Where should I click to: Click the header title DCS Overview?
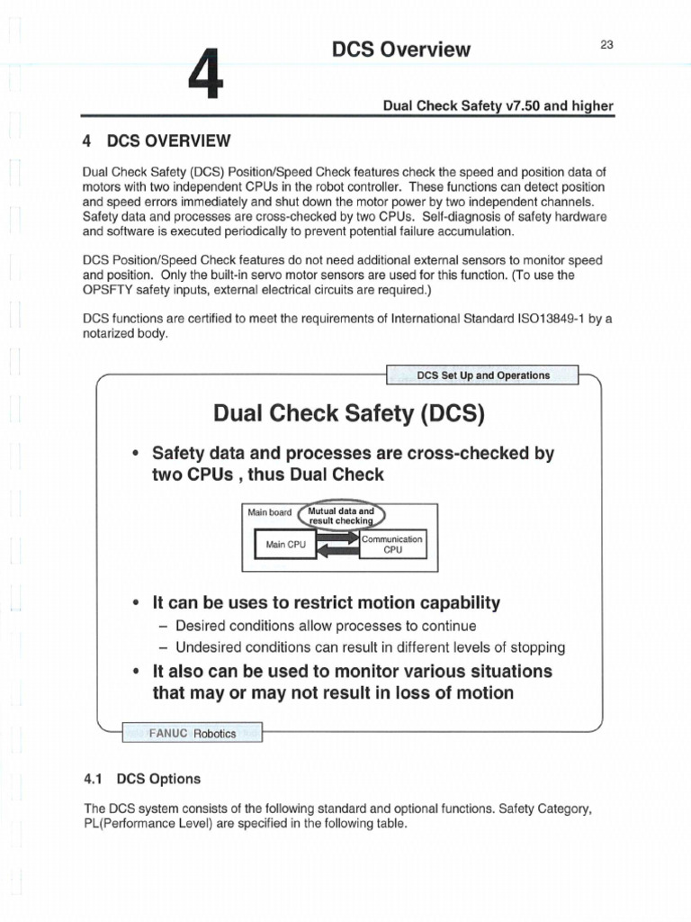point(400,50)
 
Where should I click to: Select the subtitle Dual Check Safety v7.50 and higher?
point(498,106)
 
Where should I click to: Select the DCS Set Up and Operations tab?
point(483,375)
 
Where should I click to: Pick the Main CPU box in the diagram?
point(285,545)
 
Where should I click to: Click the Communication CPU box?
point(392,544)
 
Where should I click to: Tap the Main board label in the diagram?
point(270,512)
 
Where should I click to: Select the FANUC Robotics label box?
point(192,733)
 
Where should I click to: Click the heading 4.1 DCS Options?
point(141,778)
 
